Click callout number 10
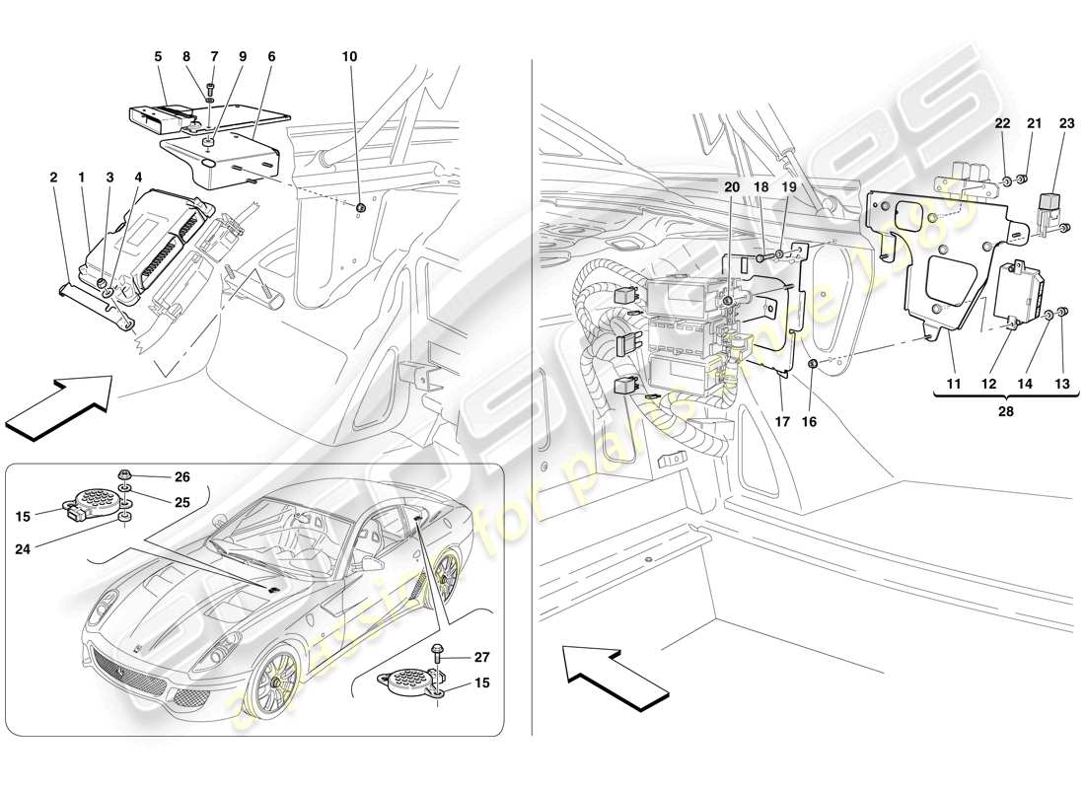click(x=350, y=56)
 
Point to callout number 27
click(x=481, y=657)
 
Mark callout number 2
click(x=52, y=178)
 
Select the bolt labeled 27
click(x=437, y=653)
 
